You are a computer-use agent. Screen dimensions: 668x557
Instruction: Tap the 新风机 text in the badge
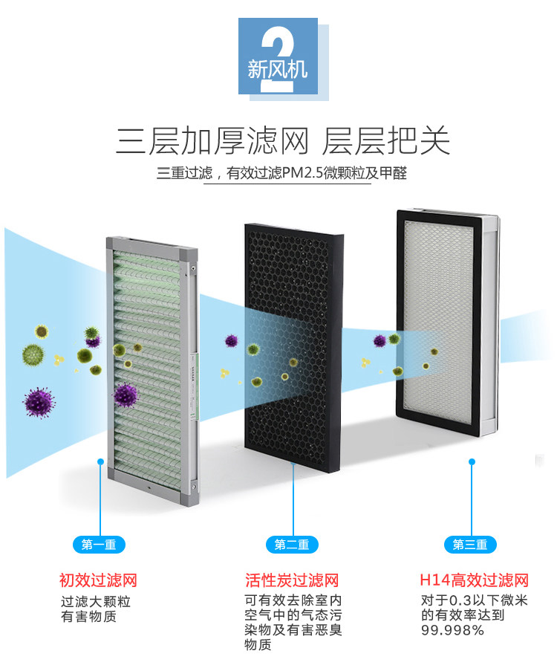click(x=276, y=71)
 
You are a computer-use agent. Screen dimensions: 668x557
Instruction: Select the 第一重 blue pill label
click(x=98, y=545)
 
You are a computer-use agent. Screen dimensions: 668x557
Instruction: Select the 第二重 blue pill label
click(x=291, y=545)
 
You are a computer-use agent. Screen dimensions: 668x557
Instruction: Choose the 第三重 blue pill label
click(x=470, y=545)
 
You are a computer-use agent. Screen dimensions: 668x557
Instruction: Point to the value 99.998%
click(x=452, y=630)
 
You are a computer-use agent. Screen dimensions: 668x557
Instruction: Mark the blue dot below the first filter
click(x=100, y=461)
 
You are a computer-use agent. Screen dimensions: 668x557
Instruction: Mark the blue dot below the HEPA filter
click(x=471, y=461)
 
